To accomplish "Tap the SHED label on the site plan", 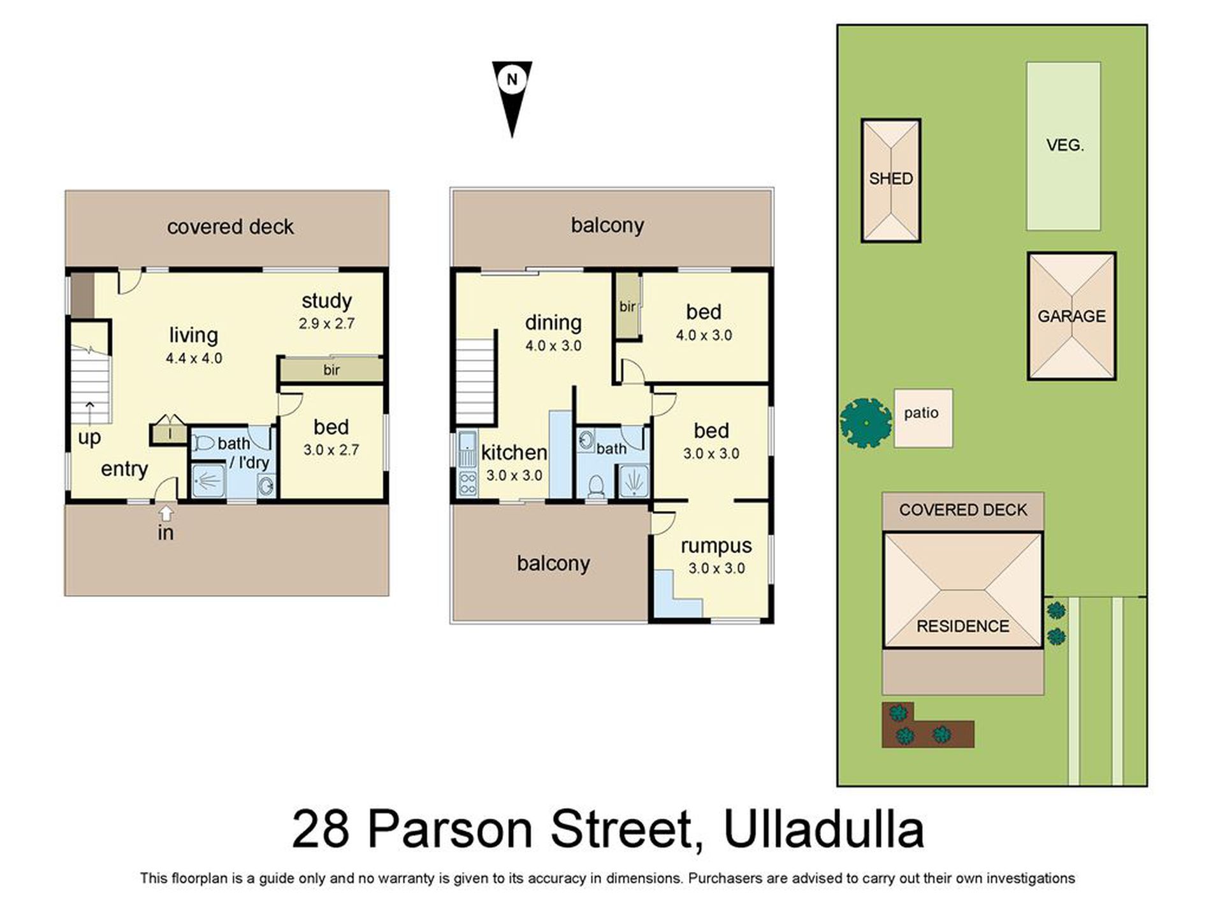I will click(890, 179).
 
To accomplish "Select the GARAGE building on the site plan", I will click(1071, 316).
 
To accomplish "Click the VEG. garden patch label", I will click(1064, 145).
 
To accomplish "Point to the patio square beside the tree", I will click(922, 418).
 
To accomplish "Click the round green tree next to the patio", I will click(866, 422).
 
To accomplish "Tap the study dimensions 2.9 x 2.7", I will click(326, 323).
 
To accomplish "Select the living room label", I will click(193, 335).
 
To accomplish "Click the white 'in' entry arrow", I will click(166, 512).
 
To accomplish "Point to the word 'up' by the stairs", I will click(89, 438).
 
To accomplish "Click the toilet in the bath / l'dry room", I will click(203, 443).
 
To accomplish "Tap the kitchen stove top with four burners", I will click(467, 484).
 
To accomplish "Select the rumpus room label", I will click(716, 546).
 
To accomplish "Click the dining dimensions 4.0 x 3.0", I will click(553, 346).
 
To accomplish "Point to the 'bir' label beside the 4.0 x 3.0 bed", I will click(627, 307).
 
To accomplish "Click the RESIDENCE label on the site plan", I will click(962, 626).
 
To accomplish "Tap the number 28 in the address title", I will click(321, 829).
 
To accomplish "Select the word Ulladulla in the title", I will click(823, 829).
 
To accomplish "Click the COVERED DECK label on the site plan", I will click(962, 510).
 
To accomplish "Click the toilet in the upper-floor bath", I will click(596, 486).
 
